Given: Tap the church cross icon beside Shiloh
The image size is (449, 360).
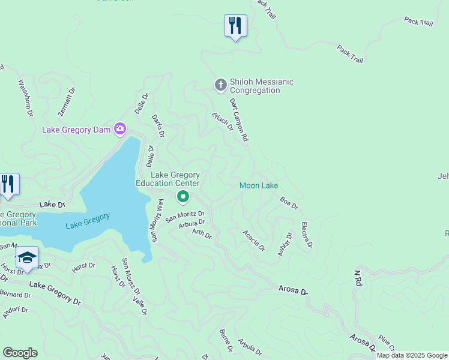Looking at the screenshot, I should point(220,85).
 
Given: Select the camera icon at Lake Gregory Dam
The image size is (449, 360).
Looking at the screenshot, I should point(120,129).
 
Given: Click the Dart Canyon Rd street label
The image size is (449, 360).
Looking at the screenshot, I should point(238,120).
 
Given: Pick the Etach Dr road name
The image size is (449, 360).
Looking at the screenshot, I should point(222,121).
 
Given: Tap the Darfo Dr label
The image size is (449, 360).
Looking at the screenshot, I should point(158,125).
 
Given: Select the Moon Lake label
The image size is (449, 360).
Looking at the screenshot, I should point(259,185).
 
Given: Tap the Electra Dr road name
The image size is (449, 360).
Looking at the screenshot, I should point(306,235).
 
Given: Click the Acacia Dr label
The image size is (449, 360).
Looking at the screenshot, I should point(254,240).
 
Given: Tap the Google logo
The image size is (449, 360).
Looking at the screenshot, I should point(20,353).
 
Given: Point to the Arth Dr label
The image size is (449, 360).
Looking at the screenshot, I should point(202,233).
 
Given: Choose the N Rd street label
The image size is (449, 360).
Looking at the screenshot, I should point(357,277).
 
